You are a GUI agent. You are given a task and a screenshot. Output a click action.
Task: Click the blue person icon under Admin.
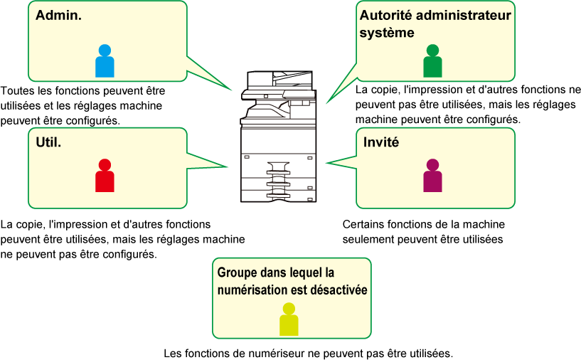105,60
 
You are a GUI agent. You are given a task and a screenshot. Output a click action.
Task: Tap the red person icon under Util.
105,175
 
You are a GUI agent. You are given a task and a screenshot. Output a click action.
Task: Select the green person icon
433,60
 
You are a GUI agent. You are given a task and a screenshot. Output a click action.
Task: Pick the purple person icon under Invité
433,175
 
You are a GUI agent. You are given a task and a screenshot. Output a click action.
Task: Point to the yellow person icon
289,319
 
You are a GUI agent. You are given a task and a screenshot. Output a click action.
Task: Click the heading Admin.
58,15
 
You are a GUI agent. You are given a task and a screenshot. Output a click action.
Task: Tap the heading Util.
48,142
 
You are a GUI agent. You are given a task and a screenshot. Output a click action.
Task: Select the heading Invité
381,142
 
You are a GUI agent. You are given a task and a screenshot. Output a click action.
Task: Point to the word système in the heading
387,33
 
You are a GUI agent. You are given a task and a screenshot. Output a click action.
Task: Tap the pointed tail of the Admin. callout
231,90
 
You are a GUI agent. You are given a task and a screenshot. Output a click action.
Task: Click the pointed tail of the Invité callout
327,162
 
